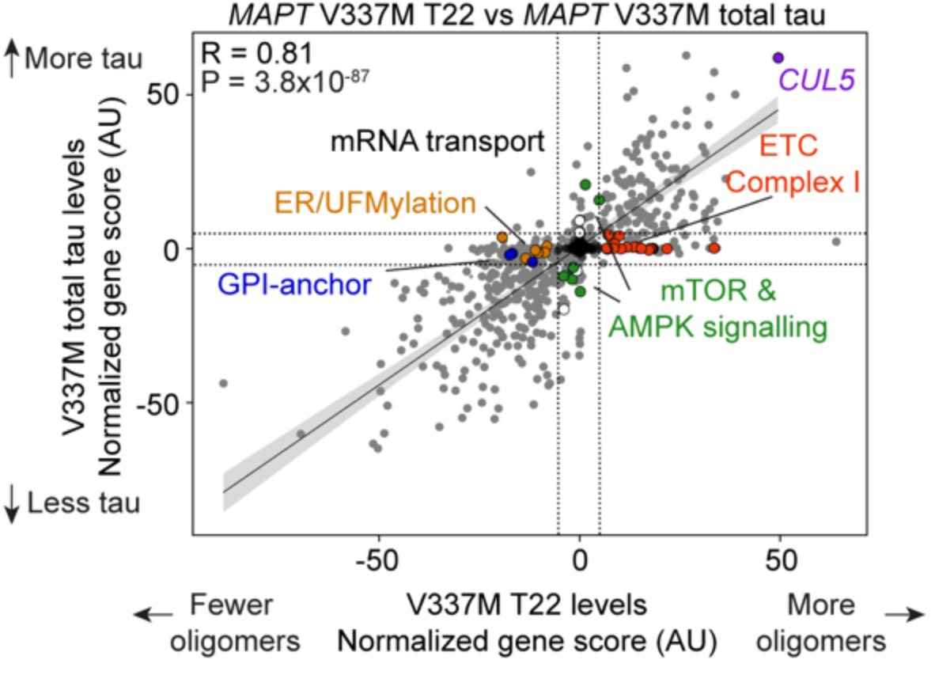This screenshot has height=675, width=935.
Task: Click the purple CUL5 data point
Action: tap(778, 58)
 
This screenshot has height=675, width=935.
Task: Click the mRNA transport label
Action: tap(437, 142)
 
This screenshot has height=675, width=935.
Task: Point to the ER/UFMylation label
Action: tap(376, 203)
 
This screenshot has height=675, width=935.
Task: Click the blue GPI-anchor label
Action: tap(294, 284)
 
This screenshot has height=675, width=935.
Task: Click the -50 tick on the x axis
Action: tap(378, 563)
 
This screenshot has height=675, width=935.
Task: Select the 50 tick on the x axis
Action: tap(780, 563)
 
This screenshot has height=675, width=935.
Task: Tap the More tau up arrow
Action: tap(12, 59)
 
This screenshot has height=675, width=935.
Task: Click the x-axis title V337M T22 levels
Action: tap(527, 605)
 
